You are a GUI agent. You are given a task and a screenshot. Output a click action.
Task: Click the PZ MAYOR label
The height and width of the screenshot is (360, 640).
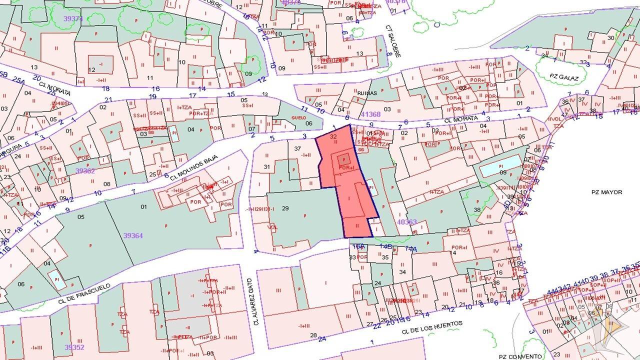[606, 192]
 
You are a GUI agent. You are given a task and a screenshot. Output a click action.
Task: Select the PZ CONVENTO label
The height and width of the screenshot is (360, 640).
[520, 356]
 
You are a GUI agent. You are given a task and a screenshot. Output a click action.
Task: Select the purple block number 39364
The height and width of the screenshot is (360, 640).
[133, 235]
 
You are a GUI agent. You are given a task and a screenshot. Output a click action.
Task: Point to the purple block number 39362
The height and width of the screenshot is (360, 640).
[85, 170]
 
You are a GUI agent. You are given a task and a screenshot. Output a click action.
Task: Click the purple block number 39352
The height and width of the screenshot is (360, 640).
[74, 347]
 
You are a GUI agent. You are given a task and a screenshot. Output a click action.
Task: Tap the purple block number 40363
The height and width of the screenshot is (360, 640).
[406, 221]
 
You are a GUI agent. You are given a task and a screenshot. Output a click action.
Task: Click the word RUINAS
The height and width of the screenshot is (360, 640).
[367, 92]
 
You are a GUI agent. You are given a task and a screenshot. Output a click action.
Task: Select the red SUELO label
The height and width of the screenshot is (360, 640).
[298, 118]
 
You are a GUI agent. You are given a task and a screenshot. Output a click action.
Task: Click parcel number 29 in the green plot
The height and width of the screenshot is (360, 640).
[285, 208]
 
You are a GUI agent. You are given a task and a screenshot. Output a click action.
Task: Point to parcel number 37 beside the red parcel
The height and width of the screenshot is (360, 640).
[297, 148]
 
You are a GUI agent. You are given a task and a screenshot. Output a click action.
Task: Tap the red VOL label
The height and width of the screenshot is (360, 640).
[273, 227]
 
